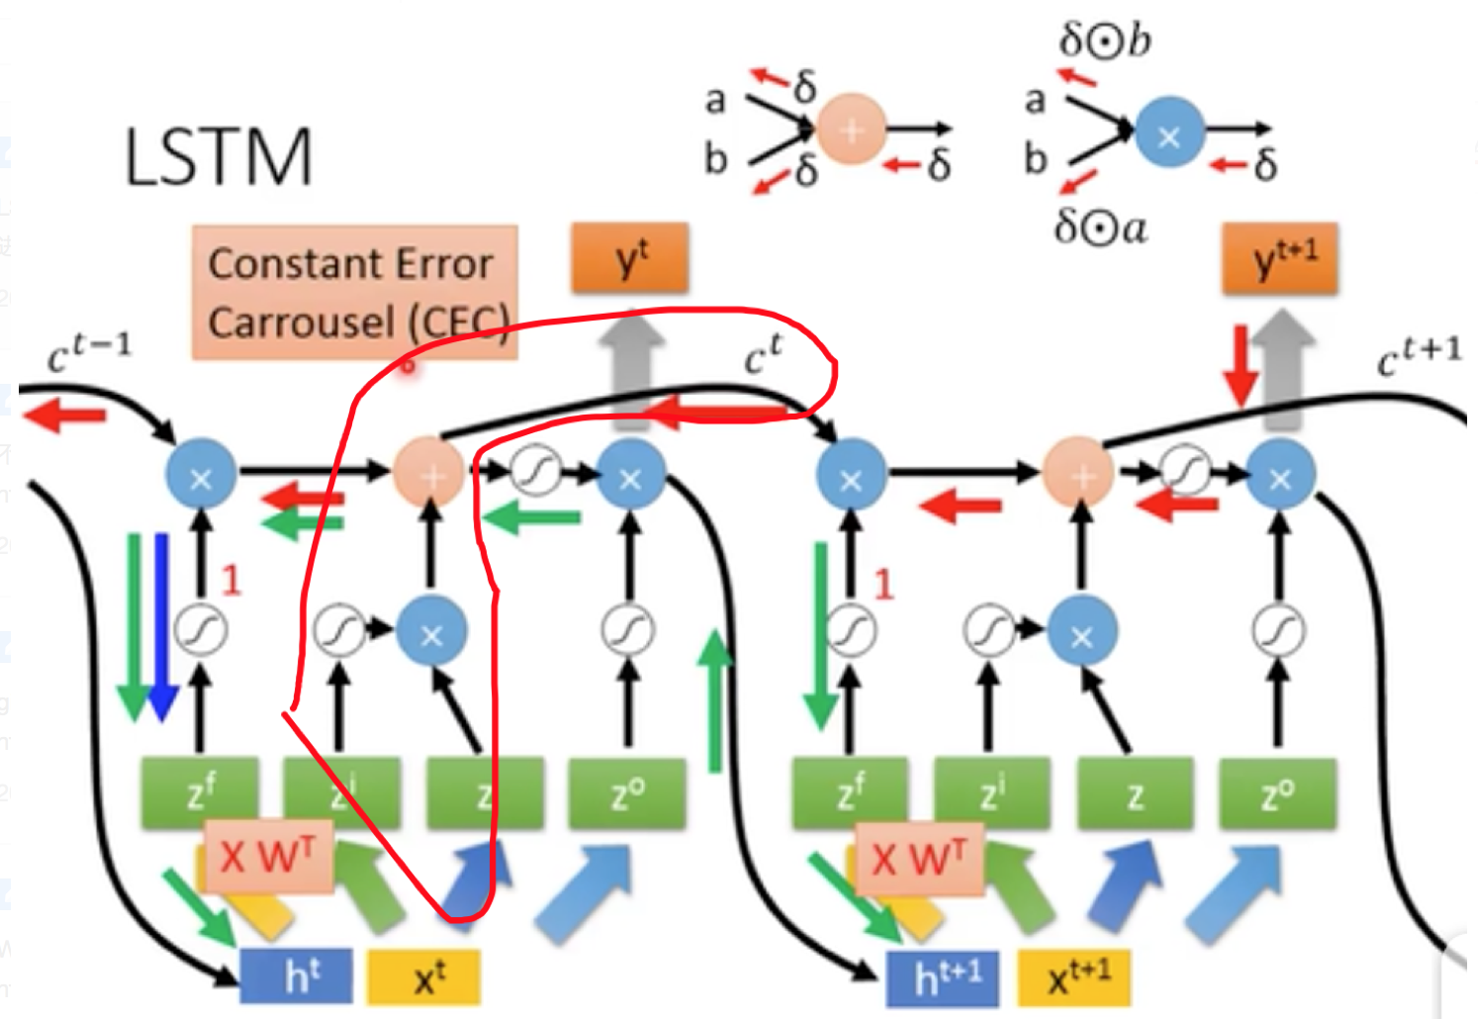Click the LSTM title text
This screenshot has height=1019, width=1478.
(x=218, y=156)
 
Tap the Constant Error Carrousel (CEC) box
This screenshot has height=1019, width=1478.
(x=354, y=293)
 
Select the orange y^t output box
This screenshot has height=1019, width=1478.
(x=630, y=259)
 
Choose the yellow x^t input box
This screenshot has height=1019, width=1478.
(x=424, y=977)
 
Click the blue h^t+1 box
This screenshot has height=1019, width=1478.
(x=943, y=977)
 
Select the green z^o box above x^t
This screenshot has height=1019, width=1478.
(x=626, y=792)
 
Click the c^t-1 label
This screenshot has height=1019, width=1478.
(x=89, y=352)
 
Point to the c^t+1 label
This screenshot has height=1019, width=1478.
(x=1419, y=356)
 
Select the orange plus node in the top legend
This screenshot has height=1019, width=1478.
(x=851, y=129)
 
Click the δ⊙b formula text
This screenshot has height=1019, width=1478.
(x=1104, y=41)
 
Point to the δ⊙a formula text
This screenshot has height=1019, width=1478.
(x=1100, y=228)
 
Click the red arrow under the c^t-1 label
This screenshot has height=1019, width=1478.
(x=63, y=416)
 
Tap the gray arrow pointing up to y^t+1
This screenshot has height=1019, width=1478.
(x=1283, y=366)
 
